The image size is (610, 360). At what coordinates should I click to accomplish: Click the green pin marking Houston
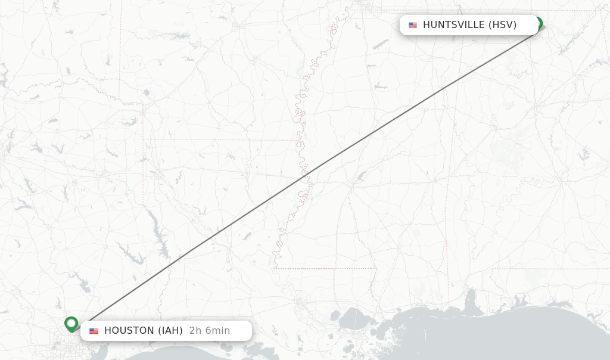(71, 324)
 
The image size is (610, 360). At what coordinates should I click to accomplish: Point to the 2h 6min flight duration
(210, 331)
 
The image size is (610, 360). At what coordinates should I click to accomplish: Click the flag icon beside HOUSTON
(94, 331)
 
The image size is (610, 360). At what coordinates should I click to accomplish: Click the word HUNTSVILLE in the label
(453, 25)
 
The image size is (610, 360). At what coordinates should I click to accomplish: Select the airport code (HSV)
(502, 25)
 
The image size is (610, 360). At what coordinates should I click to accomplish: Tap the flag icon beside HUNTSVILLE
(413, 25)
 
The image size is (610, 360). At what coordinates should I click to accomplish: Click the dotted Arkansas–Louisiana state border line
(220, 140)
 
